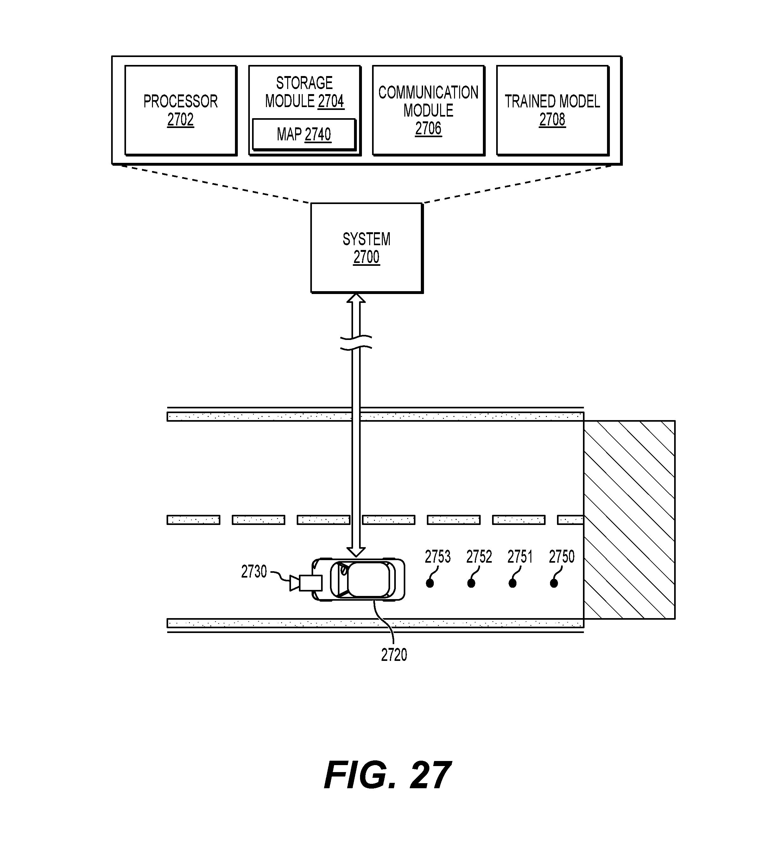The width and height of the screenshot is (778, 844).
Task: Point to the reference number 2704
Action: (331, 101)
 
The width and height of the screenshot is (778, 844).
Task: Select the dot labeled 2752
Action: (471, 583)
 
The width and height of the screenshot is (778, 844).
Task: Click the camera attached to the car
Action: (306, 583)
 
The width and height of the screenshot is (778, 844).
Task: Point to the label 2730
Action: (254, 572)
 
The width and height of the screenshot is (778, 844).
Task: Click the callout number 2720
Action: (394, 655)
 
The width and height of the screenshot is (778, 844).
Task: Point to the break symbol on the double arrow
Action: (356, 342)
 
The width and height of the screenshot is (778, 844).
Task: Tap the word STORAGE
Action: (304, 83)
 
